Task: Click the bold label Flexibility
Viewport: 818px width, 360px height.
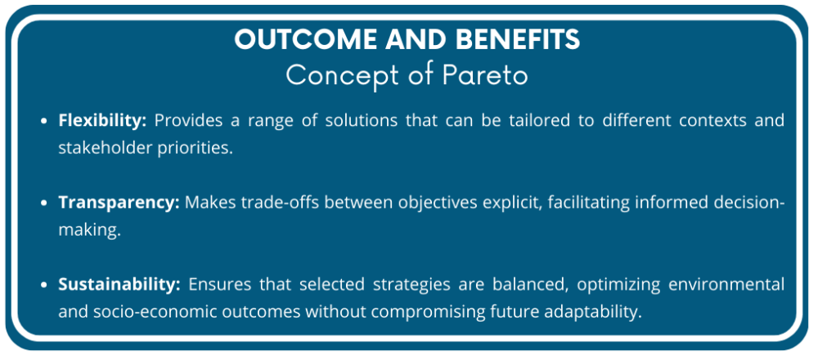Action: [x=102, y=120]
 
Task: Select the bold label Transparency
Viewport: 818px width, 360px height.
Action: [x=119, y=202]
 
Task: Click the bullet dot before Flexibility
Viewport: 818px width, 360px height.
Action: [x=46, y=121]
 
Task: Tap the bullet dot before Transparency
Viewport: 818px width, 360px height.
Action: [x=46, y=203]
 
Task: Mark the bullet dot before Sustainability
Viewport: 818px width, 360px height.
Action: [x=46, y=285]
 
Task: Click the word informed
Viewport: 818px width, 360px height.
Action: [x=663, y=202]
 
